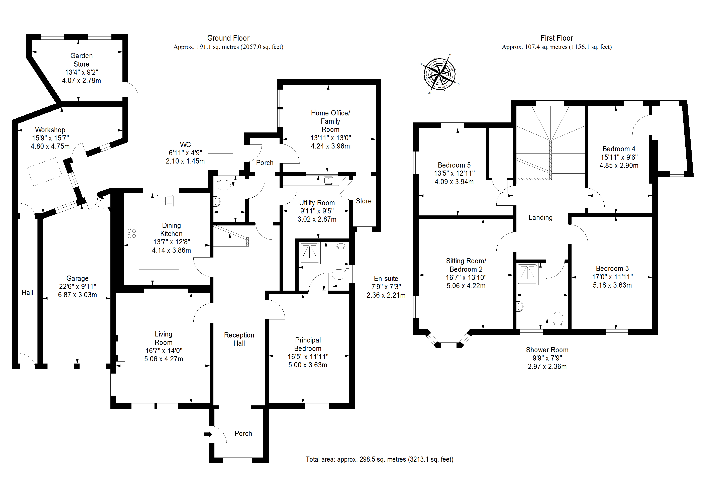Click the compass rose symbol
(x=439, y=74)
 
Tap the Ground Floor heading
(x=228, y=38)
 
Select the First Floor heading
(x=557, y=38)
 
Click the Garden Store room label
(x=81, y=60)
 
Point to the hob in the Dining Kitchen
(x=132, y=233)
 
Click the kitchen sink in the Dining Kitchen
(x=165, y=201)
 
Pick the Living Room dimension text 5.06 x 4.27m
(x=164, y=359)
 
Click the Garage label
(x=78, y=278)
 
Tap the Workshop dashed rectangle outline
(x=45, y=172)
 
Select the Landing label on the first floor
(x=540, y=217)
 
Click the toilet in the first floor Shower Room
(x=558, y=320)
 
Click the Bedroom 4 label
(x=619, y=149)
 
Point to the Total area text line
(x=379, y=459)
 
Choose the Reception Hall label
(x=239, y=339)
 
